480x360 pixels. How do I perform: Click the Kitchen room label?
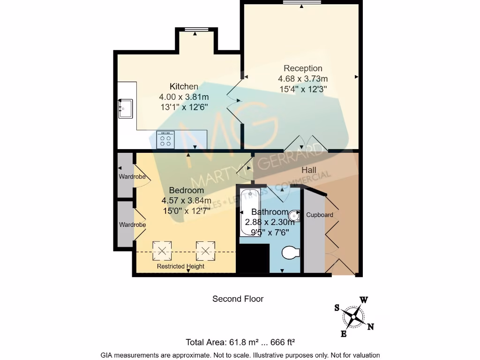coord(184,87)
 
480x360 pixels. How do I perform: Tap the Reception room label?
coord(303,68)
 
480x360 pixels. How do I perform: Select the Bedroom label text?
coord(186,190)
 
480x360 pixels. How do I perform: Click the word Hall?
coord(308,170)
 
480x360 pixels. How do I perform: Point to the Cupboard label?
coord(320,215)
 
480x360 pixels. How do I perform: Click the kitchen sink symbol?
coord(125,109)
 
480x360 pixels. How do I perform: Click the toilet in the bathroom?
coord(291,254)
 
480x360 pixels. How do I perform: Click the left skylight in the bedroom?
coord(162,250)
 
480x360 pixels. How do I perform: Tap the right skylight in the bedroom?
coord(205,250)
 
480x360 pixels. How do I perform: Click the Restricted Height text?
coord(180,267)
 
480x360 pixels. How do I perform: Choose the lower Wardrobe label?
coord(132,225)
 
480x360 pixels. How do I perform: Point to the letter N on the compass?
coord(370,327)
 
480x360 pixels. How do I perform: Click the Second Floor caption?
coord(238,299)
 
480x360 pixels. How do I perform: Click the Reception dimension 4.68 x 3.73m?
coord(303,78)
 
